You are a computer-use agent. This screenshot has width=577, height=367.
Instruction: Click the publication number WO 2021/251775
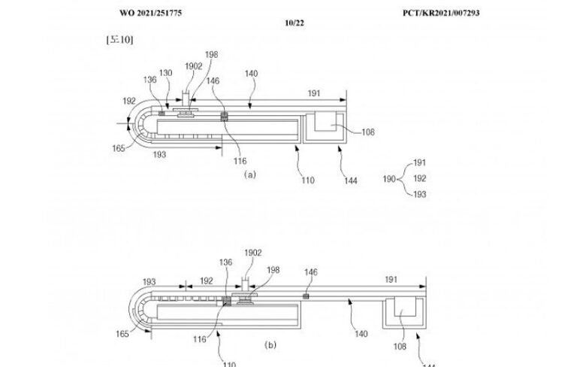point(150,14)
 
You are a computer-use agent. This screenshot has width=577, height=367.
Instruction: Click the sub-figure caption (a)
point(250,174)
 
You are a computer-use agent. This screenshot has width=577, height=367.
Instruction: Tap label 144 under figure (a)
point(349,180)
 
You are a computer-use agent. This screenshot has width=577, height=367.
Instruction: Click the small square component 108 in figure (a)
point(327,122)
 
